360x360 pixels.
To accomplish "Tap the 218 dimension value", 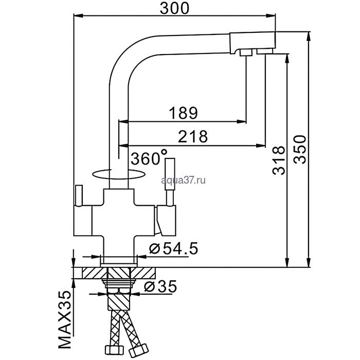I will pos(192,136).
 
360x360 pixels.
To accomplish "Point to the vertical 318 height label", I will pos(278,160).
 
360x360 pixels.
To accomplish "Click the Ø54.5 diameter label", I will pos(172,249).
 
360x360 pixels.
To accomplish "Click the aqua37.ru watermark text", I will pos(184,179).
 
